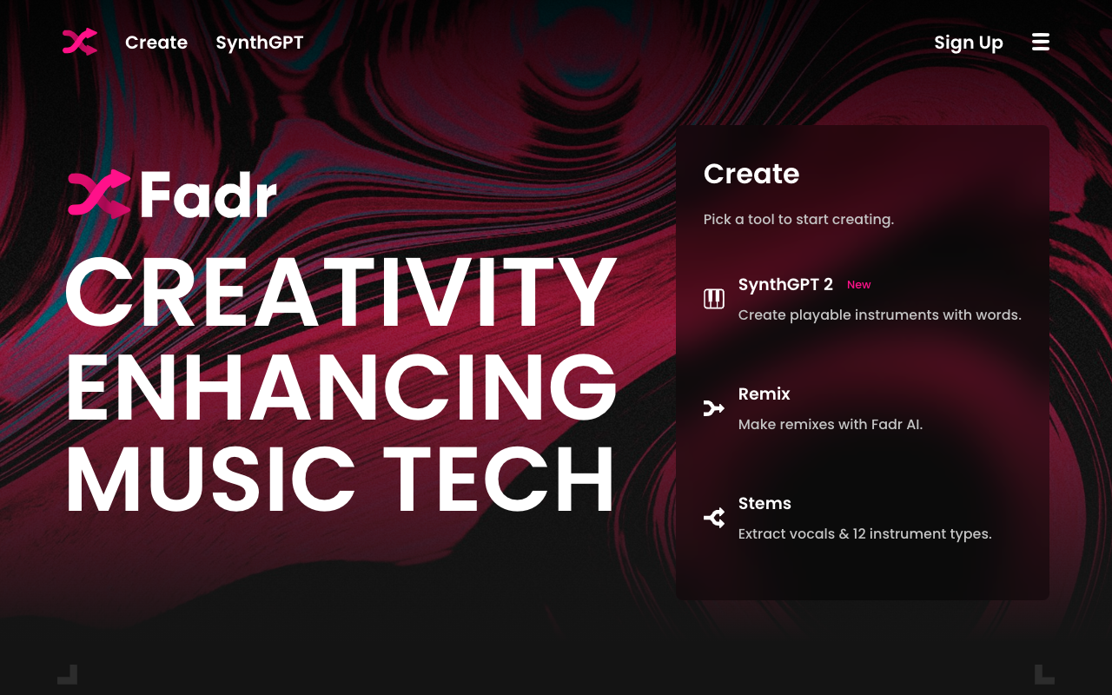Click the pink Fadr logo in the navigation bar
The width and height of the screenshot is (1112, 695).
point(79,42)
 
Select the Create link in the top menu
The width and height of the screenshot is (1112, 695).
point(156,43)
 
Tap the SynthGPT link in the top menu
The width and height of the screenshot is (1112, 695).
point(259,43)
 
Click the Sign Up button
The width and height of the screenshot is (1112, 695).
point(969,43)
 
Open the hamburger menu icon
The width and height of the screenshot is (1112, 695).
point(1041,43)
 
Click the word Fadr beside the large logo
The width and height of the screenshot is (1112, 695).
point(208,194)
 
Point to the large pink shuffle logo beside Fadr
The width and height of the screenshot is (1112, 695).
point(99,194)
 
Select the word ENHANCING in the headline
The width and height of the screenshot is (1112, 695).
point(341,386)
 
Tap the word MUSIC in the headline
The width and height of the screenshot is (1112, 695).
point(211,479)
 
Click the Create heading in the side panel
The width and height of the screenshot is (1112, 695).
point(751,174)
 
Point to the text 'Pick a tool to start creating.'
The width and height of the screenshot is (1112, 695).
point(798,220)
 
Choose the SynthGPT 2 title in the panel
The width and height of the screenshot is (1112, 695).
point(785,285)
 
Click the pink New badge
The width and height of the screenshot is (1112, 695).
point(859,285)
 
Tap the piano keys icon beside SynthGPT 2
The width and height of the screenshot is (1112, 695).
point(714,299)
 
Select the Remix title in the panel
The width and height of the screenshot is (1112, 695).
point(764,394)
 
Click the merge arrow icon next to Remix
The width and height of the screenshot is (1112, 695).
point(714,408)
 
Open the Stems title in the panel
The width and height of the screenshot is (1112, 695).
point(764,503)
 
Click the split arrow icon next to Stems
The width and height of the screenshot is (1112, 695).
point(714,518)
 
